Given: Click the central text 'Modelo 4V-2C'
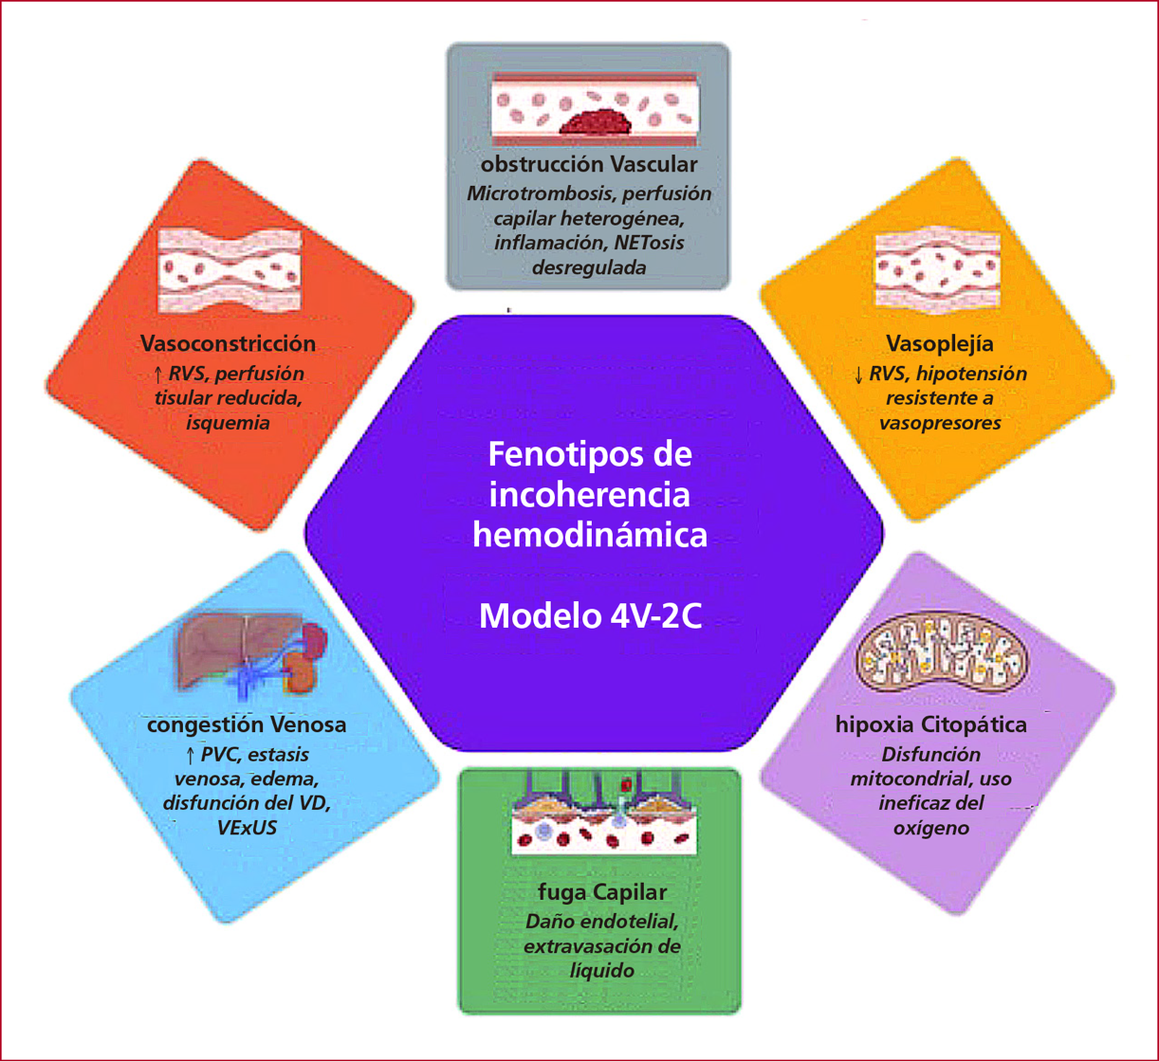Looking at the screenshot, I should [x=590, y=616].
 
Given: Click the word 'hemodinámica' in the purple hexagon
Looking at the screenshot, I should [x=590, y=534].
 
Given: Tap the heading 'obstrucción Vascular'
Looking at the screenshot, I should [x=589, y=166].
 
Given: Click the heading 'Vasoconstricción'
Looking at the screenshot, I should [x=228, y=342].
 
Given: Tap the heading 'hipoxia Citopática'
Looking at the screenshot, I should [x=931, y=725].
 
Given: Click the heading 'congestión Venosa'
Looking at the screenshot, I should [x=247, y=725].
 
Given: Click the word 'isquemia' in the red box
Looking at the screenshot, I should [x=227, y=423].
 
